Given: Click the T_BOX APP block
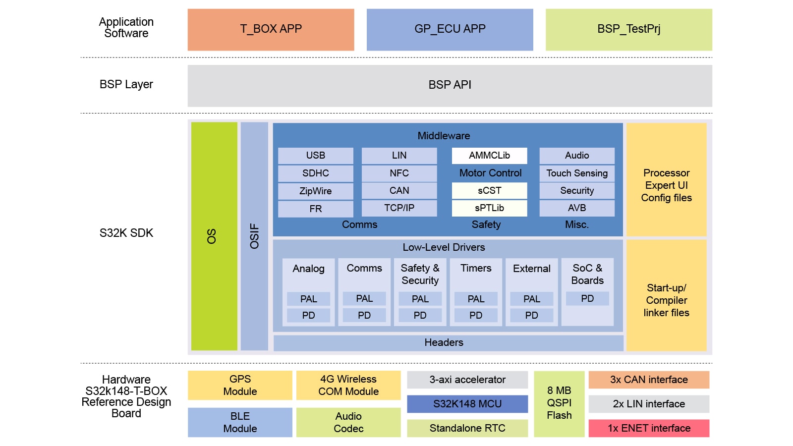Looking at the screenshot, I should coord(271,29).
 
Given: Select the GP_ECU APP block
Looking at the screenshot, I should coord(450,29).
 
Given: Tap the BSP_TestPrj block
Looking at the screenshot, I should coord(628,29).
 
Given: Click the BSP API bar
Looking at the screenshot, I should coord(450,85).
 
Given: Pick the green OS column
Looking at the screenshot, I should coord(214,236).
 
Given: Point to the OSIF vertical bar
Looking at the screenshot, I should coord(254,236).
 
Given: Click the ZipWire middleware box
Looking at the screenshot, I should coord(315,191).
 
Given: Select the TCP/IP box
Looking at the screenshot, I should coord(399,208).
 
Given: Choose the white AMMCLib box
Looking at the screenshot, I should coord(489,156).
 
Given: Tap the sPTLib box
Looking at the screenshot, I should coord(489,208).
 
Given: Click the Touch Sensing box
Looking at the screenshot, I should coord(577,173).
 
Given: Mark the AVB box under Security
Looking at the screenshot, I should coord(577,208).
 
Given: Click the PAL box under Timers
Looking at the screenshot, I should coord(476,299).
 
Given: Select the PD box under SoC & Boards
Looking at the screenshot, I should coord(587,298).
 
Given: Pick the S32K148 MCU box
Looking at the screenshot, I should coord(467,404).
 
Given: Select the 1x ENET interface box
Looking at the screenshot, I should coord(649,428).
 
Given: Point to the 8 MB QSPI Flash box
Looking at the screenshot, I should coord(559,403).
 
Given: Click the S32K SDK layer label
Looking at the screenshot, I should coord(126,233).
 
